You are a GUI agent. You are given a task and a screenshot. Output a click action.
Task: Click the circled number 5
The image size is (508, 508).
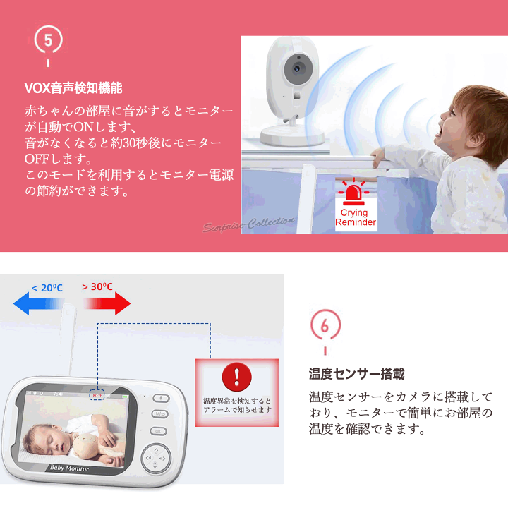tap(48, 40)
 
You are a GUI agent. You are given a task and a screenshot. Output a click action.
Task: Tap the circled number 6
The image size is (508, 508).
tap(325, 326)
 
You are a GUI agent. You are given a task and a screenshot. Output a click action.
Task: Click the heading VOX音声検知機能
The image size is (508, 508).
tap(73, 88)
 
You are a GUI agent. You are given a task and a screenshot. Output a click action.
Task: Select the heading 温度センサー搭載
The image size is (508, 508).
tap(357, 374)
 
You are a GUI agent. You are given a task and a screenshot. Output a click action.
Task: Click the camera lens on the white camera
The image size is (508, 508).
tap(296, 69)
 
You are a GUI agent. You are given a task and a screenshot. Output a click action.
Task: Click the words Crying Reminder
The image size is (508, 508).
tap(355, 217)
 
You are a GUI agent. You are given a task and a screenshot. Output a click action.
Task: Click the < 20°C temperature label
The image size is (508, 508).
tap(47, 288)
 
